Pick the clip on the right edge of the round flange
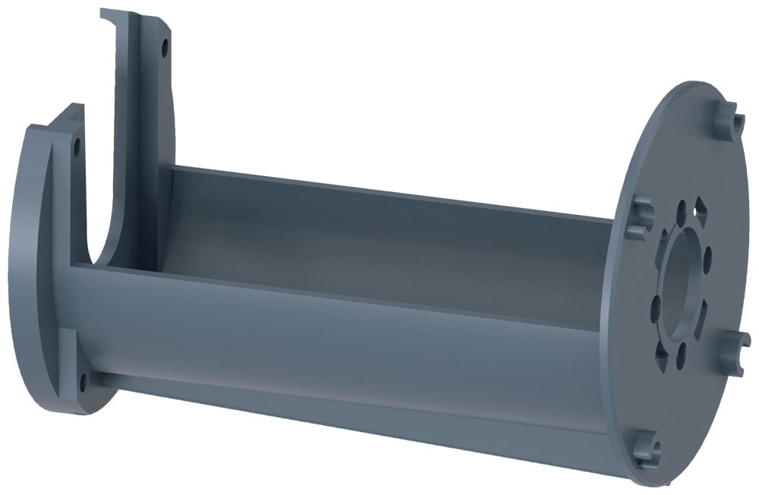point(734,350)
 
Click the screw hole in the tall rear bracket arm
point(163,52)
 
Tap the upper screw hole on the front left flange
point(76,146)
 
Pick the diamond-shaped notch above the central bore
point(701,211)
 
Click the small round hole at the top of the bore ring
point(681,214)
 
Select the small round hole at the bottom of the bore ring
point(681,354)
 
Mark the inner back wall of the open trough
point(379,235)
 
